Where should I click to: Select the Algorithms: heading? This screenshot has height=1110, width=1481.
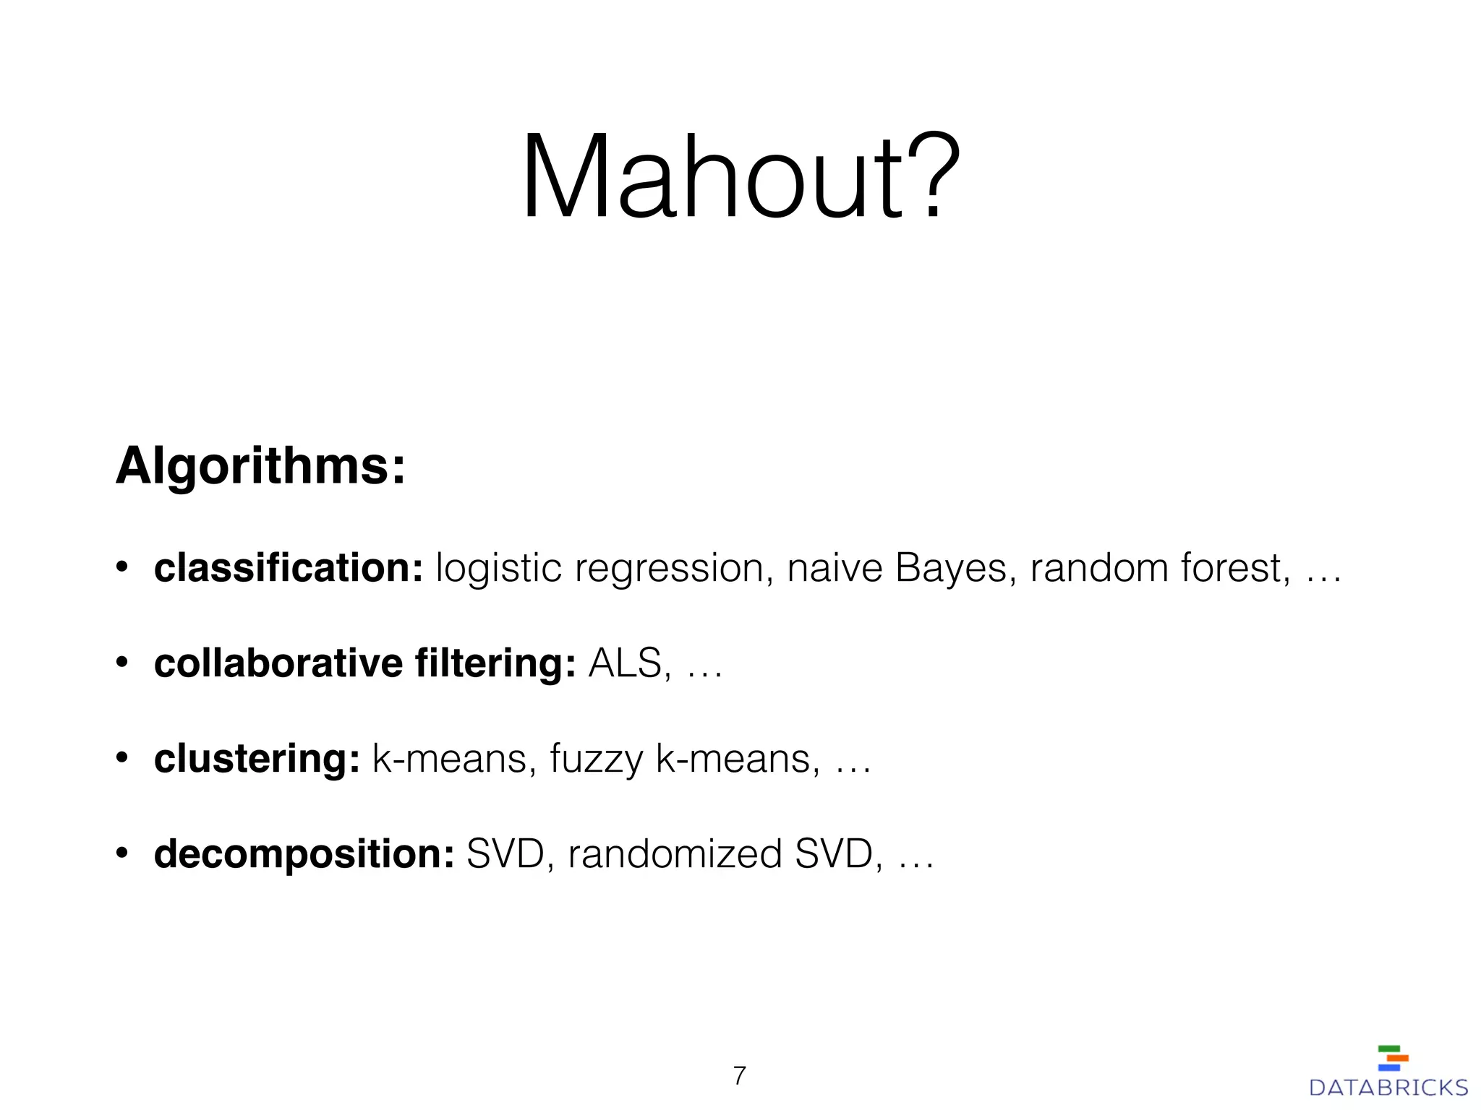[x=260, y=466]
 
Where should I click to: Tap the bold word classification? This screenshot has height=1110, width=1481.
[x=288, y=568]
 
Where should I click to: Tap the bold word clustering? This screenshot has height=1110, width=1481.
[x=257, y=759]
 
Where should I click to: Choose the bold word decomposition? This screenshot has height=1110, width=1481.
[x=304, y=854]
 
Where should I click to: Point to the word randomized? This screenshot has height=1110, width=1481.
[x=675, y=854]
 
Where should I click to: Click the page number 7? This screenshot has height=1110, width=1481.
[x=739, y=1076]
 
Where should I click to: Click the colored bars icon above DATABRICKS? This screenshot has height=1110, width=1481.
[x=1393, y=1058]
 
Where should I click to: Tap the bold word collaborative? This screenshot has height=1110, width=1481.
[x=278, y=663]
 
